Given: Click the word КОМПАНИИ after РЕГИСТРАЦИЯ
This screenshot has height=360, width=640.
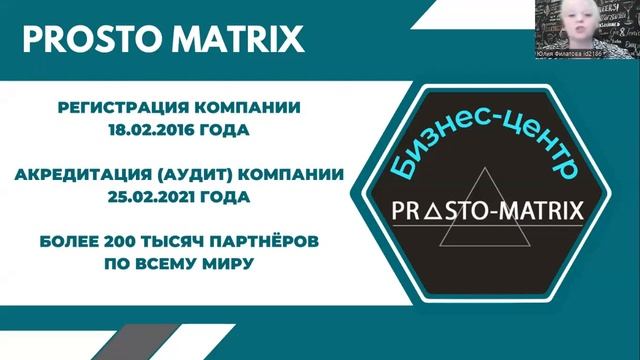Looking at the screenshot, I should [253, 106].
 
